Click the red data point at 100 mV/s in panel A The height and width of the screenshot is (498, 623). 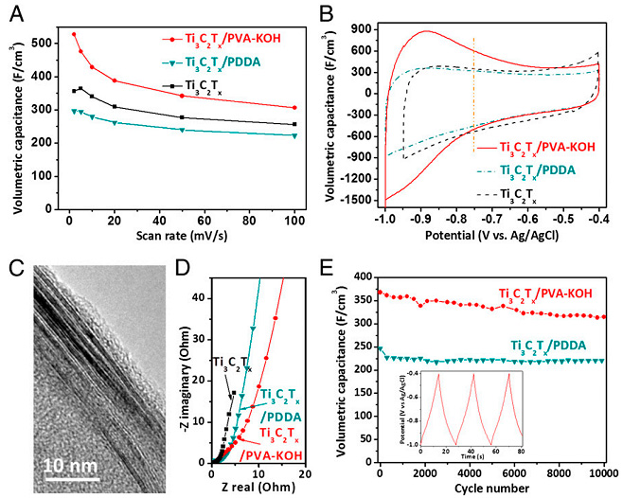coord(294,107)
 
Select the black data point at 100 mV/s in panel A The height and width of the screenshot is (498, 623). coord(294,124)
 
